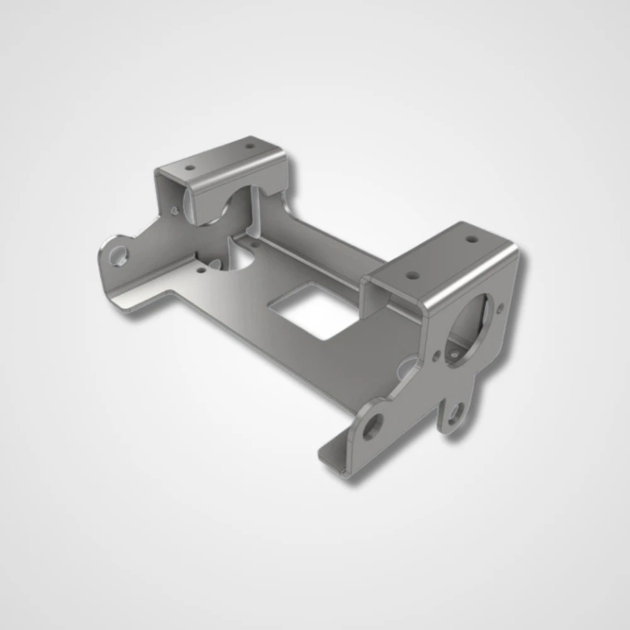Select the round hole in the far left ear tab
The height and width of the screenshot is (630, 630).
point(118,256)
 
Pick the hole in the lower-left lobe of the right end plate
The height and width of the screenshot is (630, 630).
point(372,427)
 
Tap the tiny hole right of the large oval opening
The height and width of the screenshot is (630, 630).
point(501,308)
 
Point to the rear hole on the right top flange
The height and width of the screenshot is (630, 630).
point(471,239)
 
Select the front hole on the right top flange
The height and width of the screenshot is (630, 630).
point(412,275)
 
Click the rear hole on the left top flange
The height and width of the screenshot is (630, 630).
point(250,146)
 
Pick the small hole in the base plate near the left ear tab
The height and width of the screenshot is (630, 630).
point(200,270)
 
